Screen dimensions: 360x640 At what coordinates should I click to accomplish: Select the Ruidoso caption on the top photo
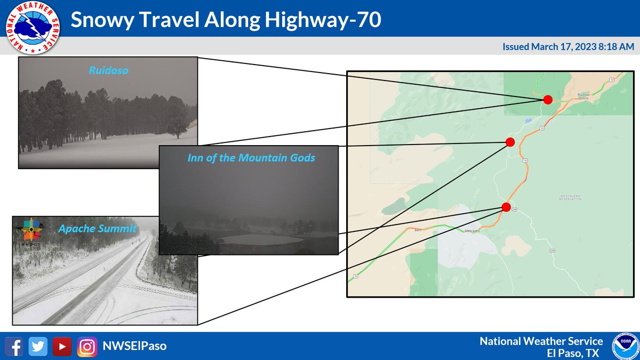(109, 70)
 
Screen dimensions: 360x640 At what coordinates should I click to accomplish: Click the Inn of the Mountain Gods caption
(251, 158)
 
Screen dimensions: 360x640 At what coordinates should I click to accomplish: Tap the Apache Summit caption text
(97, 229)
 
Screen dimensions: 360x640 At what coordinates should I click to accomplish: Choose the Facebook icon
(16, 346)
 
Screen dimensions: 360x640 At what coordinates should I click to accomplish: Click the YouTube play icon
(62, 346)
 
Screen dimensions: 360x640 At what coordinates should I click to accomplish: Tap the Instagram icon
(86, 346)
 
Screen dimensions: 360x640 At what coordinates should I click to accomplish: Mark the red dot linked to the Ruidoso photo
(548, 99)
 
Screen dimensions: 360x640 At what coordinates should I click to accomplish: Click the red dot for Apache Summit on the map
(506, 207)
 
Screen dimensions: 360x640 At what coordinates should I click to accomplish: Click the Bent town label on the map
(418, 230)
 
